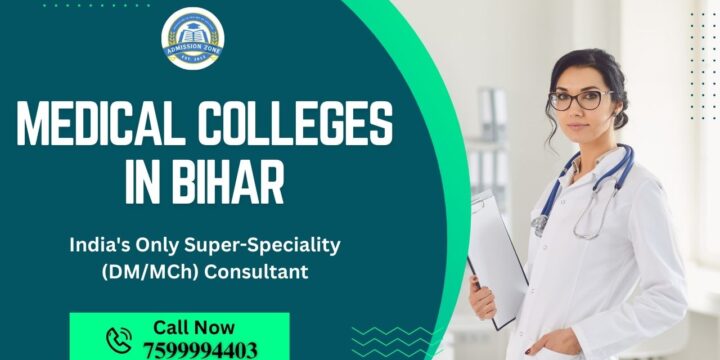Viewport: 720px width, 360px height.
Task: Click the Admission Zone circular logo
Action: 193,39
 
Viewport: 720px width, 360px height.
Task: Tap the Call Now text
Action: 194,327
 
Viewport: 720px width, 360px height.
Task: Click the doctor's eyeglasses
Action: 579,99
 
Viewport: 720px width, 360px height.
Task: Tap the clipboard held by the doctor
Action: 497,255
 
